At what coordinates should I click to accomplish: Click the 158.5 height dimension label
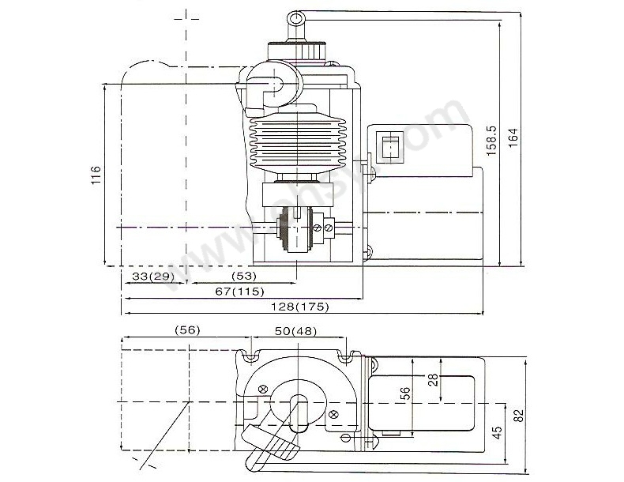[492, 141]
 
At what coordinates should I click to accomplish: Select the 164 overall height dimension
[513, 137]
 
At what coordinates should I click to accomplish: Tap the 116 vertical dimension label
[96, 175]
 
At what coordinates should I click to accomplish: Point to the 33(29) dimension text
[153, 277]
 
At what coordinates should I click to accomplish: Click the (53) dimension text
[244, 276]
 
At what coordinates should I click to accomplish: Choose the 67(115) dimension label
[239, 292]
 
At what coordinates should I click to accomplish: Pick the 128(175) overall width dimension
[300, 307]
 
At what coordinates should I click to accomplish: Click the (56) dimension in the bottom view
[187, 330]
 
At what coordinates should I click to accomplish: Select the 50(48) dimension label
[295, 331]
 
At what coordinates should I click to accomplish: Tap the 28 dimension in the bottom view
[434, 380]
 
